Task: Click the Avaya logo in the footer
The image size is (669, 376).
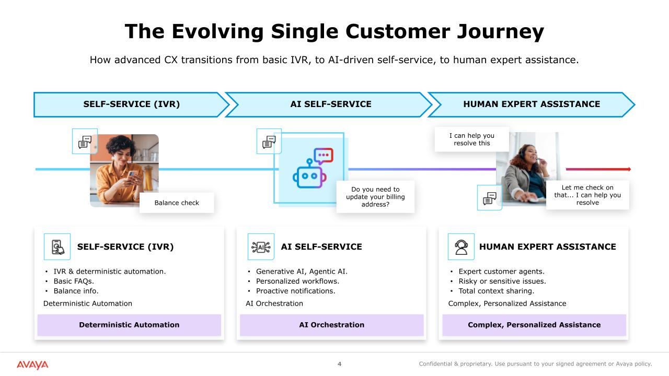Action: [x=32, y=365]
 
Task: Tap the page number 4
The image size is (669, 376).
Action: [x=339, y=364]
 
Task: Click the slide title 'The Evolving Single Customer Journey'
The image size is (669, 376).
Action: [x=334, y=31]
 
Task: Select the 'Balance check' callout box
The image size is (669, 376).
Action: [x=177, y=203]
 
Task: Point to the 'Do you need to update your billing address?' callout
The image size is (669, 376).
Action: [x=375, y=197]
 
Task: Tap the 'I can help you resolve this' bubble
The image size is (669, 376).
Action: [x=472, y=139]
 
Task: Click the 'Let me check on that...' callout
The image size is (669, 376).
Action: [x=587, y=195]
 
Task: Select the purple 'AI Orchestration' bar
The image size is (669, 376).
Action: [x=331, y=325]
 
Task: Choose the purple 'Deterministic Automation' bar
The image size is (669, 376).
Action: [x=129, y=325]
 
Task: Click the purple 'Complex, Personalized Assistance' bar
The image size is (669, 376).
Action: [x=534, y=325]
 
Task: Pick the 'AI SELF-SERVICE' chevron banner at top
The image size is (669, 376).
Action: [x=331, y=104]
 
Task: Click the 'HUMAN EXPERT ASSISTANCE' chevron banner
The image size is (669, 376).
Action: [x=532, y=104]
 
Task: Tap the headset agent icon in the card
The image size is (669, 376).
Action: [x=461, y=246]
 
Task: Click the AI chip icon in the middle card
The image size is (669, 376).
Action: [x=261, y=246]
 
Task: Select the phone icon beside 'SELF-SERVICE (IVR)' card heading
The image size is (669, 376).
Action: [x=57, y=246]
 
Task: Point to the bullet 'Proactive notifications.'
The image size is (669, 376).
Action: [x=295, y=291]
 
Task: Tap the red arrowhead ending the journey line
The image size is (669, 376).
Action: [x=629, y=169]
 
